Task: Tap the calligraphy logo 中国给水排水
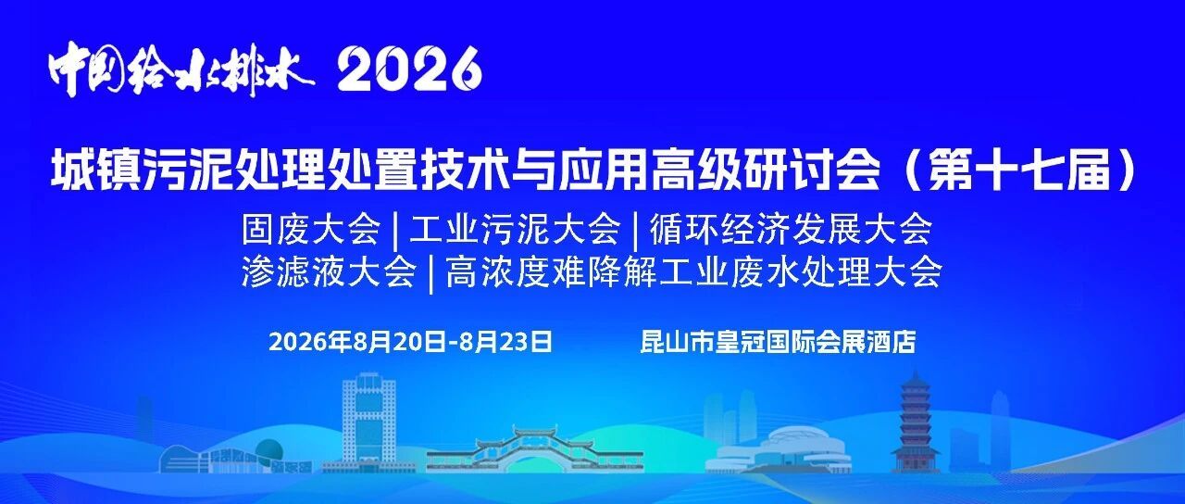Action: tap(181, 69)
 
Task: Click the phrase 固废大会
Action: tap(311, 229)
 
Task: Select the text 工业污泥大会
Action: tap(515, 229)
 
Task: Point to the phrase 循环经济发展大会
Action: tap(791, 229)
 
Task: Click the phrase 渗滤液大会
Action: tap(329, 272)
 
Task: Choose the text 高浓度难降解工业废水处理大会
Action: tap(693, 272)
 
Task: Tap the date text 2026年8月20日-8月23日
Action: tap(410, 342)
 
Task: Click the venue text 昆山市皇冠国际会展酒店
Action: tap(778, 342)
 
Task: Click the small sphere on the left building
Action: tap(271, 450)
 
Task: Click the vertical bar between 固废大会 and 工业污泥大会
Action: tap(395, 231)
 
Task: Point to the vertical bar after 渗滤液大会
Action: tap(430, 273)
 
